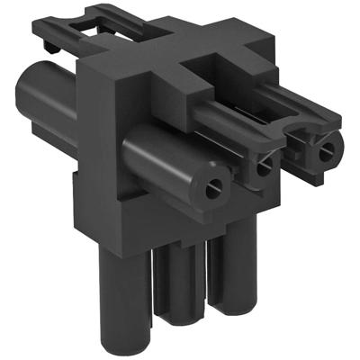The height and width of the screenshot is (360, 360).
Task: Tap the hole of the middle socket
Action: point(263,167)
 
